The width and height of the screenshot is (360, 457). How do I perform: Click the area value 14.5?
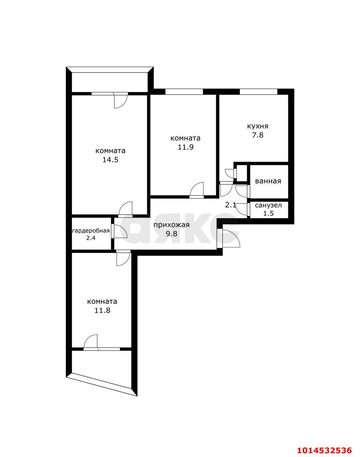110,160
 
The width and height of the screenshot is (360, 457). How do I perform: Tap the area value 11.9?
185,147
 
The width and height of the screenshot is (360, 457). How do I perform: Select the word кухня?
257,126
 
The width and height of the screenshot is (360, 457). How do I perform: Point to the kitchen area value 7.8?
257,135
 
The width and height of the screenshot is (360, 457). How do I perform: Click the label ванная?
268,181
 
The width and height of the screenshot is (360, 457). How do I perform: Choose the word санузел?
269,205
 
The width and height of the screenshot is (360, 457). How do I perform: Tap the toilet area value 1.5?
269,213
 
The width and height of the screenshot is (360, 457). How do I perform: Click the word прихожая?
171,225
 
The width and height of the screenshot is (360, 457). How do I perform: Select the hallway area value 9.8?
171,233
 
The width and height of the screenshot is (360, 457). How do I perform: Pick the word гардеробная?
91,231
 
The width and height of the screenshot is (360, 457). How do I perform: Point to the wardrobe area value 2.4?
91,238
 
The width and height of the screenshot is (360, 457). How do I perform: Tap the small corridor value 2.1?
230,205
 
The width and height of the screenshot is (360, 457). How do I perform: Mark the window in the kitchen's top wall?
259,91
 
